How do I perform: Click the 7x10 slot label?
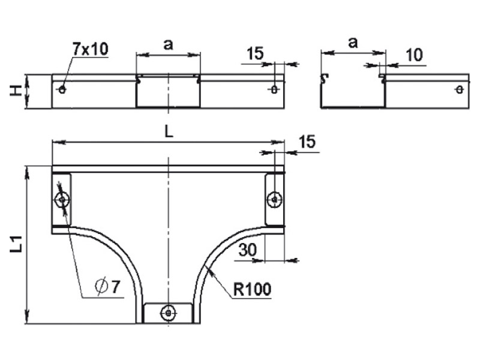click(91, 49)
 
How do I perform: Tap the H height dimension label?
click(16, 91)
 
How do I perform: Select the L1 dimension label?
click(16, 244)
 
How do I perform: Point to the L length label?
click(169, 131)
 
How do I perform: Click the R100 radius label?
click(252, 289)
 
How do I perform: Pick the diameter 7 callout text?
click(108, 287)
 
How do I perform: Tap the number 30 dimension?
click(248, 250)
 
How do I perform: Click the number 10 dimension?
click(415, 55)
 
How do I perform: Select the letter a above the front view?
click(168, 44)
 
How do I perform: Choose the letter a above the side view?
click(353, 43)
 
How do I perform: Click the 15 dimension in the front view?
click(255, 53)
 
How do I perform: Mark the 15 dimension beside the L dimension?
click(307, 142)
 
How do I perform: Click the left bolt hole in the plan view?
click(62, 200)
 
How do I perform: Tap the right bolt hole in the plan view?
click(274, 199)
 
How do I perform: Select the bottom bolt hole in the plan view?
click(168, 313)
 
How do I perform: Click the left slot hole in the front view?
click(62, 89)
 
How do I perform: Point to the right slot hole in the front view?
click(274, 89)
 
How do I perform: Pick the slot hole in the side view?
click(459, 89)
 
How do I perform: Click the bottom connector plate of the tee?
click(168, 313)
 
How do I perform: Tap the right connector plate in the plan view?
click(275, 199)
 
